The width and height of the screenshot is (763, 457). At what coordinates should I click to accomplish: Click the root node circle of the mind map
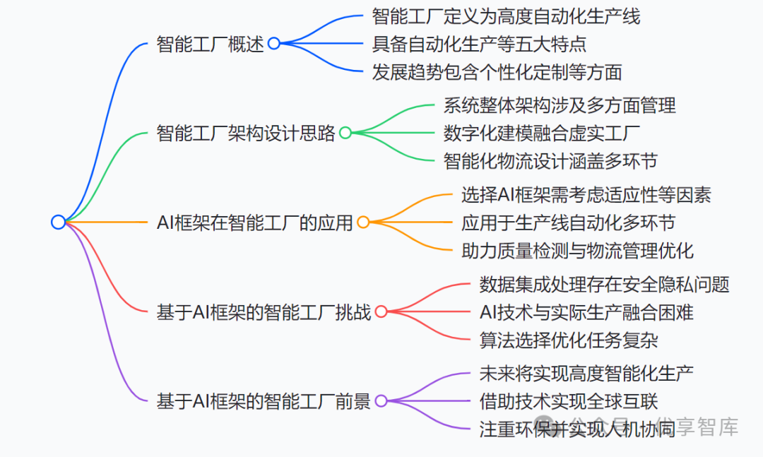(58, 222)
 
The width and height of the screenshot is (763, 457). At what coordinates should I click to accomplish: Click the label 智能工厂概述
(210, 44)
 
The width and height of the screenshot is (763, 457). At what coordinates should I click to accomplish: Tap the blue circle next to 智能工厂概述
(273, 44)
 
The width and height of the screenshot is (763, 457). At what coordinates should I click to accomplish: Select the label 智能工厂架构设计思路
(245, 133)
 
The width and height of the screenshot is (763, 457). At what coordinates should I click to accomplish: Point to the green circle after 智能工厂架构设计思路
(345, 133)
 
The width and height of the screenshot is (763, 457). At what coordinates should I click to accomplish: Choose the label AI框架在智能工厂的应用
(254, 222)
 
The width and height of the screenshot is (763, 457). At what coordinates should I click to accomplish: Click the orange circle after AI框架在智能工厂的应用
(363, 222)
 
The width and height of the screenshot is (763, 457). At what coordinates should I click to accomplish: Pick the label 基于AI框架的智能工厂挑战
(264, 311)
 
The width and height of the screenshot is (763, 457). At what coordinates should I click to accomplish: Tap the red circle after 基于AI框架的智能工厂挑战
(381, 311)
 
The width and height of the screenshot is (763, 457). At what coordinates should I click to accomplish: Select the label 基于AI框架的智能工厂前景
(264, 401)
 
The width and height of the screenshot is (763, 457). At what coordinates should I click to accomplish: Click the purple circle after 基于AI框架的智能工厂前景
(381, 401)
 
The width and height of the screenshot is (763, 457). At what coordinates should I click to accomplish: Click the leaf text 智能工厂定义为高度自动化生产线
(506, 16)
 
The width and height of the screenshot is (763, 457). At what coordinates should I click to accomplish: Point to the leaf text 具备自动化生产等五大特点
(479, 44)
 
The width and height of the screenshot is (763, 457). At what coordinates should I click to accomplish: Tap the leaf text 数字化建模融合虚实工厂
(542, 133)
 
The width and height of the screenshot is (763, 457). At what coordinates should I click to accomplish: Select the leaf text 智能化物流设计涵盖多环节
(550, 160)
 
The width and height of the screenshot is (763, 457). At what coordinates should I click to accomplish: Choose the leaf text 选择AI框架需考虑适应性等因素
(586, 195)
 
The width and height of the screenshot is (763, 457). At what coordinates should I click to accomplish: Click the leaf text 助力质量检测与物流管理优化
(577, 250)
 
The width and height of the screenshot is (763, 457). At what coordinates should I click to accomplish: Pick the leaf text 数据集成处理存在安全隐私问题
(604, 284)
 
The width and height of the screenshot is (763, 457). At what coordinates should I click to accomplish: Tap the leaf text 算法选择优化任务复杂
(569, 339)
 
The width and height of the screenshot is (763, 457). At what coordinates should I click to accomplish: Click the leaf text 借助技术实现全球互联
(569, 401)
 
